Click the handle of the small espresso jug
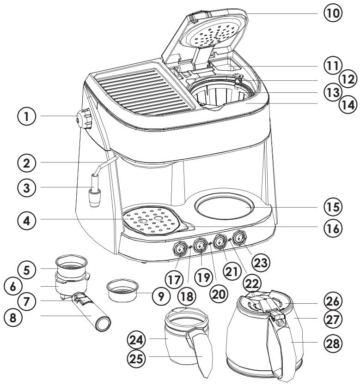coord(200,355)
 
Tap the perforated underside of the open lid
coord(213,34)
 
